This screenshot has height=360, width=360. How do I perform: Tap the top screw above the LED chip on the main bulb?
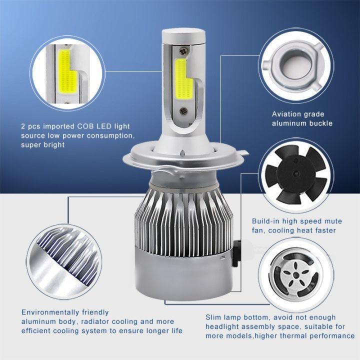pyautogui.click(x=183, y=51)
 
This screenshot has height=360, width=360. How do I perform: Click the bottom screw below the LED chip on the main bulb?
pyautogui.click(x=183, y=111)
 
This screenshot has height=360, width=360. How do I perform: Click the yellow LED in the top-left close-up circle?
pyautogui.click(x=67, y=73)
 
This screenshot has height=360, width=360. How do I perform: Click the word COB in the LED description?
pyautogui.click(x=85, y=126)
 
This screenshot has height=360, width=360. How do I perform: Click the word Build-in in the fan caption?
pyautogui.click(x=265, y=221)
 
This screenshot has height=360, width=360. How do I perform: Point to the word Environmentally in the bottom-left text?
pyautogui.click(x=48, y=312)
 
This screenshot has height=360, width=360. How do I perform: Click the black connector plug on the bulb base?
pyautogui.click(x=236, y=253)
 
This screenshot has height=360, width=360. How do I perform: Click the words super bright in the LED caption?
pyautogui.click(x=43, y=145)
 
